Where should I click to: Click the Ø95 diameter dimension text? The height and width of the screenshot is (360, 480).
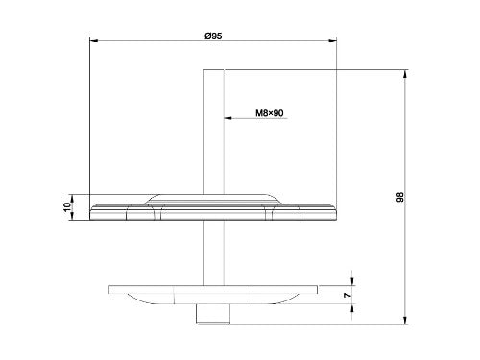213,36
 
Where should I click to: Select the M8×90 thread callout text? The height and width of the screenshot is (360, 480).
270,112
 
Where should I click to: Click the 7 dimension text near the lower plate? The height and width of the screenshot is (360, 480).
348,295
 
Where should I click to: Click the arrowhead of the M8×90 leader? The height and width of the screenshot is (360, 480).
227,119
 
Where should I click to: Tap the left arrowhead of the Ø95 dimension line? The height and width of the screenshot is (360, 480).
92,41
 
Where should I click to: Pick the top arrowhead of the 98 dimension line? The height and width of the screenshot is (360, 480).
405,73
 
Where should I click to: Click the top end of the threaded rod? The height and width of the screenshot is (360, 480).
212,71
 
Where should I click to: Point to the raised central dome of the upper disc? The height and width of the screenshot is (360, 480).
212,197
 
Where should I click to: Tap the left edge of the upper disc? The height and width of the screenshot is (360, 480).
89,211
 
